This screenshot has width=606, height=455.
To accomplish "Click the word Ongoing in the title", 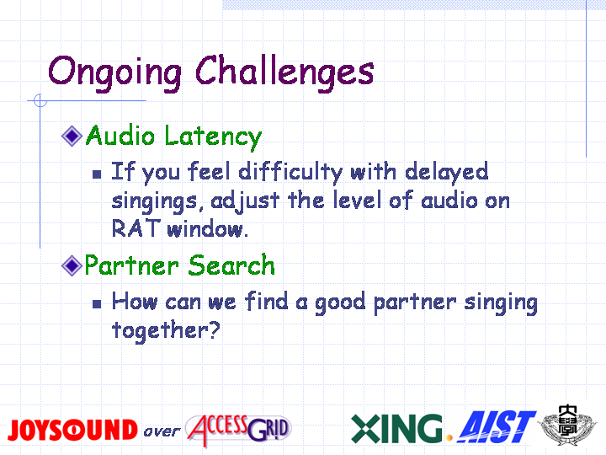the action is (x=114, y=72).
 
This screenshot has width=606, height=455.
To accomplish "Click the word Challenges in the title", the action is (x=284, y=72).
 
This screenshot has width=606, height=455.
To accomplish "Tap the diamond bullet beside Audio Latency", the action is (x=72, y=136).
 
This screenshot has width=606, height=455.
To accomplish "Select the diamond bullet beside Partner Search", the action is (x=72, y=265).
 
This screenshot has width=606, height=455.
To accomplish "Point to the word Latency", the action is (x=213, y=137).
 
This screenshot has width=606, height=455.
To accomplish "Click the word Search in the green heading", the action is (x=232, y=265).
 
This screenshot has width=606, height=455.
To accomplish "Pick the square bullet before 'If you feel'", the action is (x=97, y=174).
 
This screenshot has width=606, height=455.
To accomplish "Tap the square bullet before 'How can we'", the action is (x=97, y=303).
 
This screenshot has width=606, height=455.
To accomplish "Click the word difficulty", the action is (x=290, y=172).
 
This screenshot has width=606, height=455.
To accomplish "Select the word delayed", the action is (x=447, y=172).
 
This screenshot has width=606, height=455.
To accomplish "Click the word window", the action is (x=207, y=228).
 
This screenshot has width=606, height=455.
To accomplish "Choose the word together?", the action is (x=166, y=331).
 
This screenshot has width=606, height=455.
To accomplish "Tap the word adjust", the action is (x=245, y=201).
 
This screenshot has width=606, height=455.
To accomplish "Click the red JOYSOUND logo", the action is (x=72, y=430).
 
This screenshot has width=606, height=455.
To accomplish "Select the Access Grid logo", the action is (x=238, y=430).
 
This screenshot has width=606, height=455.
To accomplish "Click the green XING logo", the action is (x=397, y=428).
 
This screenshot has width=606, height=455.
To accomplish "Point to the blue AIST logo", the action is (x=497, y=427).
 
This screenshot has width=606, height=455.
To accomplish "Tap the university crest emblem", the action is (x=568, y=426).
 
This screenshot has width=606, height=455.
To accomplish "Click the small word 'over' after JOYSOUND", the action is (x=162, y=431).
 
